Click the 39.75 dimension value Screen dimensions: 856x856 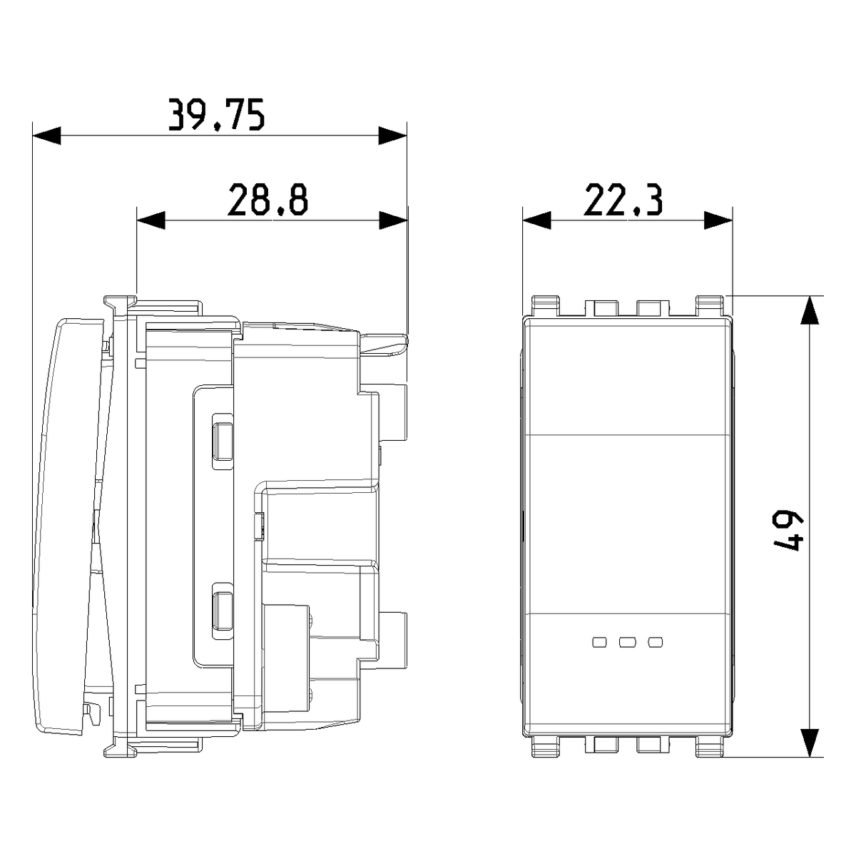pyautogui.click(x=217, y=115)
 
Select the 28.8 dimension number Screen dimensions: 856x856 pyautogui.click(x=267, y=200)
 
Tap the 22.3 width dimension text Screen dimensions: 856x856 pyautogui.click(x=623, y=200)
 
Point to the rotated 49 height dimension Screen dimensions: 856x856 pyautogui.click(x=793, y=531)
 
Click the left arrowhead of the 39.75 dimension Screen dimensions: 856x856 pyautogui.click(x=46, y=136)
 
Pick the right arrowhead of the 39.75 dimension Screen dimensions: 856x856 pyautogui.click(x=392, y=136)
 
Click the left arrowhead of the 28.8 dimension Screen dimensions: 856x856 pyautogui.click(x=151, y=220)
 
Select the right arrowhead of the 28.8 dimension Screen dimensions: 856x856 pyautogui.click(x=394, y=220)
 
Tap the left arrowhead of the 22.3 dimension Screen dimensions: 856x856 pyautogui.click(x=536, y=220)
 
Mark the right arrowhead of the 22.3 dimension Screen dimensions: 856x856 pyautogui.click(x=718, y=220)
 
